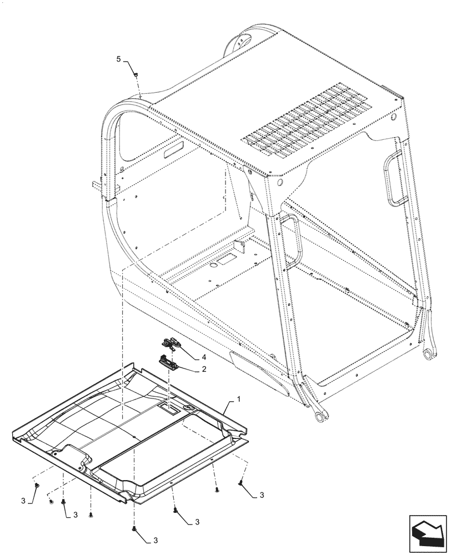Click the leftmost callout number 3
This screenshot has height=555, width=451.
(23, 501)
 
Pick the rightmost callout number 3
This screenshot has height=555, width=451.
(261, 495)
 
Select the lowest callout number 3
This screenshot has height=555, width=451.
(156, 540)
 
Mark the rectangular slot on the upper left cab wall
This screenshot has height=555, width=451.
(175, 149)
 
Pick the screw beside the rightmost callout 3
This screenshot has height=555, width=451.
(240, 483)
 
